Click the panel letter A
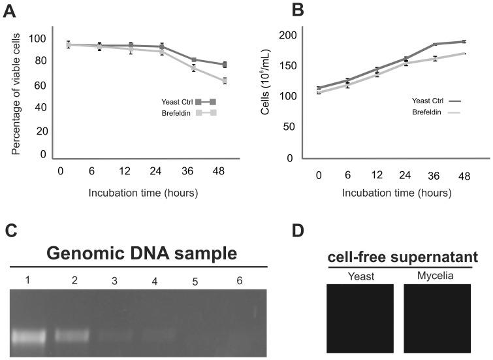click(11, 11)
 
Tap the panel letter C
click(11, 232)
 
